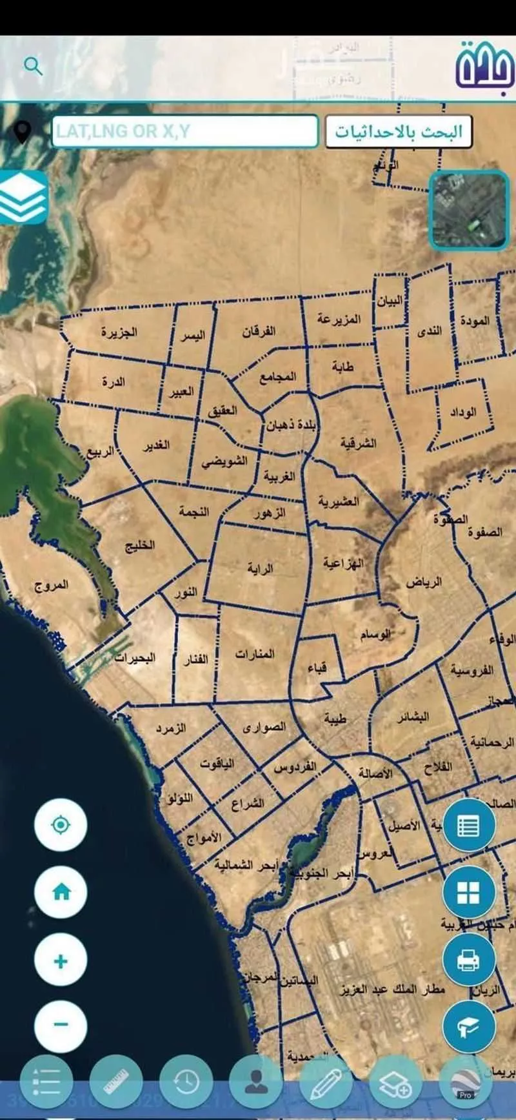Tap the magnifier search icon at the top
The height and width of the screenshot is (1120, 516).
click(33, 66)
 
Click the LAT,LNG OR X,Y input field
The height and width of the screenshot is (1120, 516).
click(184, 132)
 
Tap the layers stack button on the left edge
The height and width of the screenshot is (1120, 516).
click(23, 198)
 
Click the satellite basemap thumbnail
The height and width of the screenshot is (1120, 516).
click(469, 210)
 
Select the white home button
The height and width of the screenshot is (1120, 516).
click(61, 892)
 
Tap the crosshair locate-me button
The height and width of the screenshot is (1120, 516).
click(61, 824)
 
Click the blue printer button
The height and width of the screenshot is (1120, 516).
click(468, 960)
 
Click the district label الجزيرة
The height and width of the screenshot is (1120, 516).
click(119, 332)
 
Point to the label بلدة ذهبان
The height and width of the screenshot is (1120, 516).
click(292, 426)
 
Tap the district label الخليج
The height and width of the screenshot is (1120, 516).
click(140, 545)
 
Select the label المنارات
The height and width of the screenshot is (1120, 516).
click(255, 655)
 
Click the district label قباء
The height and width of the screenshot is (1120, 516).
click(317, 667)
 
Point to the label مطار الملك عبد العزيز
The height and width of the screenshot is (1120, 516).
click(392, 989)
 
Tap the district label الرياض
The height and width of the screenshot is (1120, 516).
click(424, 582)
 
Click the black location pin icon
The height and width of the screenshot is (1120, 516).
click(23, 132)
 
